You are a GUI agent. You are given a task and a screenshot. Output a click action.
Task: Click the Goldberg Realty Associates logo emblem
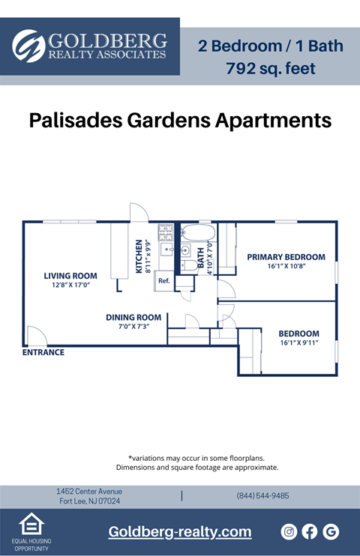[x=28, y=45]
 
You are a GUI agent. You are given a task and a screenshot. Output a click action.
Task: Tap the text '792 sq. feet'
[x=270, y=68]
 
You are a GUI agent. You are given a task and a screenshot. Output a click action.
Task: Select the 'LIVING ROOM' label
[x=70, y=276]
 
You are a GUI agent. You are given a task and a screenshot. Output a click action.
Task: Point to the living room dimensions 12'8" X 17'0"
[x=70, y=285]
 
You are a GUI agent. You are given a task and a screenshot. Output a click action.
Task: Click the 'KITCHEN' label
[x=139, y=257]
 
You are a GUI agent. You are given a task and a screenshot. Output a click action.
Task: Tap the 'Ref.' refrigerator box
[x=163, y=281]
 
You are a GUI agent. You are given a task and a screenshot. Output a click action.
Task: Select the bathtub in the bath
[x=199, y=231]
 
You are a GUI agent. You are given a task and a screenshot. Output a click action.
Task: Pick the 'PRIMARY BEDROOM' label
[x=286, y=257]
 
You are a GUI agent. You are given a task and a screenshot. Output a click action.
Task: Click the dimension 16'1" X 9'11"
[x=298, y=343]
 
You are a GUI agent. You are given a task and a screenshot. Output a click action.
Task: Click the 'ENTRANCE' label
[x=43, y=352]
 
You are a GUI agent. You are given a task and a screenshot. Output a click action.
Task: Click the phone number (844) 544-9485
[x=262, y=496]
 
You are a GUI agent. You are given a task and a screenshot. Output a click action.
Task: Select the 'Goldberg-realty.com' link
[x=179, y=531]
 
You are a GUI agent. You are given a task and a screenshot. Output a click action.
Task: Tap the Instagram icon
[x=289, y=531]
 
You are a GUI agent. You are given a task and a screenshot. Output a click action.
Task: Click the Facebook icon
[x=310, y=531]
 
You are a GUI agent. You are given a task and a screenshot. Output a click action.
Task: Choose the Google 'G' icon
[x=331, y=531]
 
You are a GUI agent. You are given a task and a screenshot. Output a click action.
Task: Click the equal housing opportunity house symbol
[x=31, y=524]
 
